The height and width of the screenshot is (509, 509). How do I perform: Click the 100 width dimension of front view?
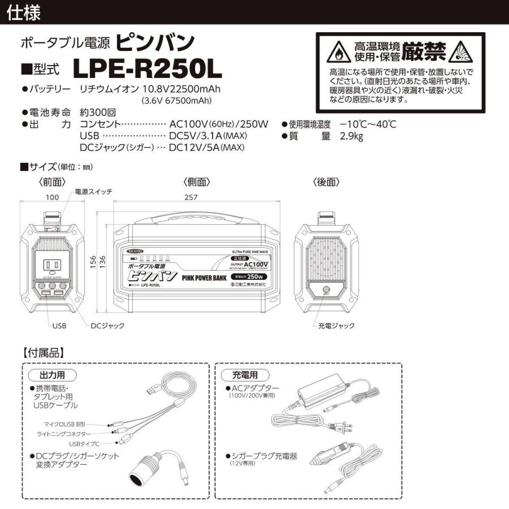(x=53, y=198)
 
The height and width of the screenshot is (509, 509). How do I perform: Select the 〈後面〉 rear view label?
(x=326, y=182)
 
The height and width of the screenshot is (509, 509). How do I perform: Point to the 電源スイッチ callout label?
(x=93, y=192)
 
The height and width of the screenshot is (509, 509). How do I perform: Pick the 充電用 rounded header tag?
(x=245, y=376)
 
